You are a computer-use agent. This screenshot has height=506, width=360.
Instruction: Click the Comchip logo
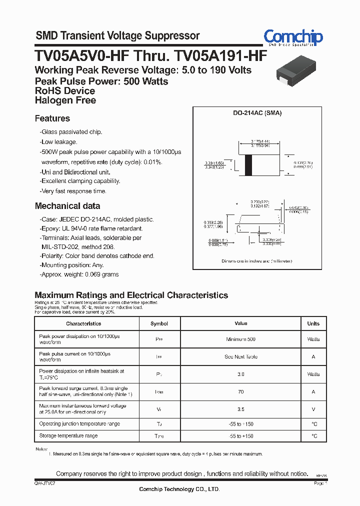[x=293, y=37]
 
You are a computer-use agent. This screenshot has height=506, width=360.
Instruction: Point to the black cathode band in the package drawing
[x=248, y=165]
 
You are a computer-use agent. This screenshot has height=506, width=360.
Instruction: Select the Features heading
[x=52, y=118]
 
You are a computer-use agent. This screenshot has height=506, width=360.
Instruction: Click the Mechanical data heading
[x=67, y=206]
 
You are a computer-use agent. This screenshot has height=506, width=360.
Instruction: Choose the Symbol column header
[x=159, y=323]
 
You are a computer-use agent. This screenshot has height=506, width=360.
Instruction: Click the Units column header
[x=313, y=323]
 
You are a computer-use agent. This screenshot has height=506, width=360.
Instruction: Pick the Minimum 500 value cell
[x=240, y=339]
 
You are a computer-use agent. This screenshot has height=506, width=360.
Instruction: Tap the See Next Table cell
[x=240, y=357]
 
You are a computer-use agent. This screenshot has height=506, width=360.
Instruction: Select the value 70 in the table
[x=240, y=392]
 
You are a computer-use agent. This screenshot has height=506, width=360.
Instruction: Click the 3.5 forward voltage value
[x=240, y=409]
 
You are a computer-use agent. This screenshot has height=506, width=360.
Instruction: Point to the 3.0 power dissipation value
[x=240, y=374]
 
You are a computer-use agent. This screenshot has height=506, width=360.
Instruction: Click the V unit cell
[x=313, y=409]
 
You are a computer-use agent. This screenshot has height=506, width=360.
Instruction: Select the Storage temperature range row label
[x=68, y=436]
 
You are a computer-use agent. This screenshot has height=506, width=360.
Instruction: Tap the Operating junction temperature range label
[x=79, y=424]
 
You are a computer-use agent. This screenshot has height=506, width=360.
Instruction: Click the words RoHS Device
[x=65, y=91]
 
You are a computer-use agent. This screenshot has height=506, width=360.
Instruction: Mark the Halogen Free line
[x=65, y=100]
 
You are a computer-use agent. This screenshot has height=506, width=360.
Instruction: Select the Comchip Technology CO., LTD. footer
[x=179, y=489]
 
